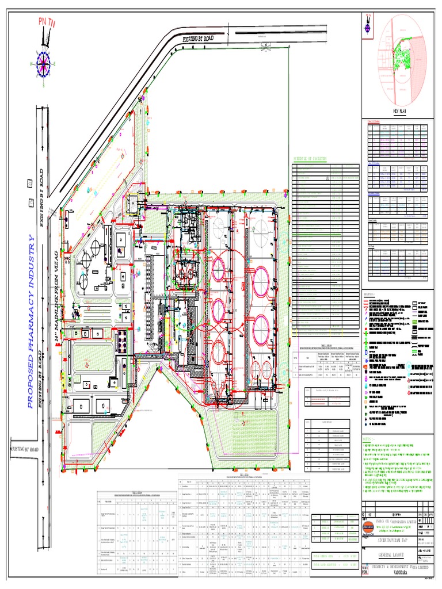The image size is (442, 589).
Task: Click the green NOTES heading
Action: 369,439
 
